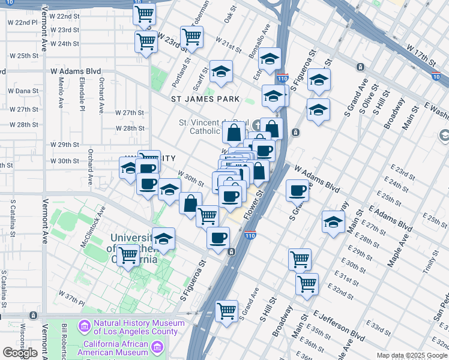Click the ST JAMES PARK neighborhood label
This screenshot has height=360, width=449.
click(x=205, y=99)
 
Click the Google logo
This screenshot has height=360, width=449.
click(x=20, y=353)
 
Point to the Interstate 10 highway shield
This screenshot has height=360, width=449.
click(x=436, y=76)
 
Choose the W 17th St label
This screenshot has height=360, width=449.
click(x=420, y=55)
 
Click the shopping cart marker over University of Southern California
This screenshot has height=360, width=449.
click(x=128, y=255)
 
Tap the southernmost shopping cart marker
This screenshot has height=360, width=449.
click(x=226, y=310)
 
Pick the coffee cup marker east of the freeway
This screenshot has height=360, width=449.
click(x=297, y=190)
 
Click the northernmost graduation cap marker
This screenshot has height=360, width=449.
click(x=270, y=58)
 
